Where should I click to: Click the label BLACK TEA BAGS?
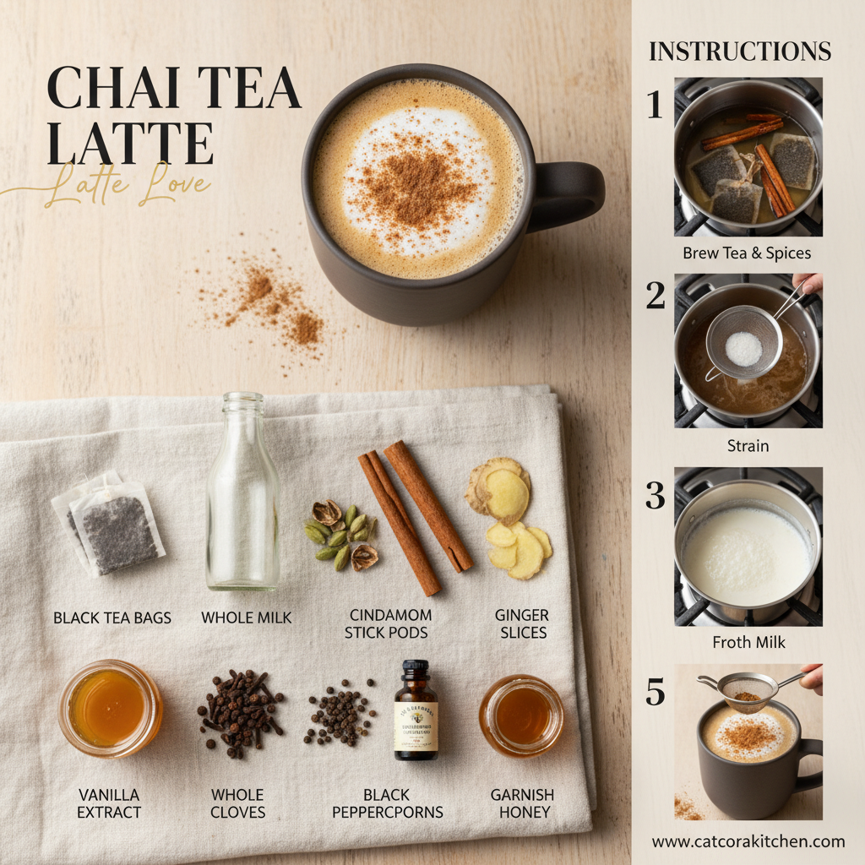tap(112, 617)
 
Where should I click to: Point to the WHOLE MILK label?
tap(247, 617)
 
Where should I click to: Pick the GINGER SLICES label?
tap(521, 623)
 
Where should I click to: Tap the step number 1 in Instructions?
tap(655, 105)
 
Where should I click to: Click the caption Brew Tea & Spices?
tap(747, 253)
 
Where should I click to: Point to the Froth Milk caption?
tap(748, 642)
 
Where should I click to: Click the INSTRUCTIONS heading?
tap(740, 51)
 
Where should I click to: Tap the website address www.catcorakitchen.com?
tap(748, 841)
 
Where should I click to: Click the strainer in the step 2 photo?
tap(743, 342)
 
